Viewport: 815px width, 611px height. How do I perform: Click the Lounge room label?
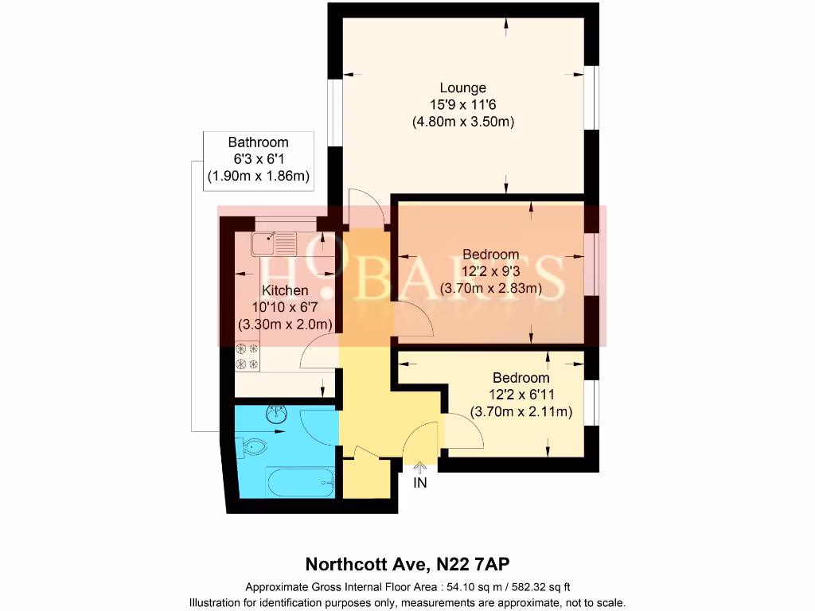click(463, 88)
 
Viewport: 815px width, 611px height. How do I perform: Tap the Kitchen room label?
click(285, 290)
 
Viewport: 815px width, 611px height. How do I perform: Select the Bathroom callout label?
click(258, 143)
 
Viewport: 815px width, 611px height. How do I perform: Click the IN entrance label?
click(420, 483)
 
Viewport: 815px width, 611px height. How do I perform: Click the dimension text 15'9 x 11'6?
click(463, 105)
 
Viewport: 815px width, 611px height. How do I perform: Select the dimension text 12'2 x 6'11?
click(521, 395)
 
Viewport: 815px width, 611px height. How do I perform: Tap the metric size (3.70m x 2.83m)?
click(491, 289)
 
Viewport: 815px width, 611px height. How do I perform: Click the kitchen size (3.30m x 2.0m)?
click(285, 324)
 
